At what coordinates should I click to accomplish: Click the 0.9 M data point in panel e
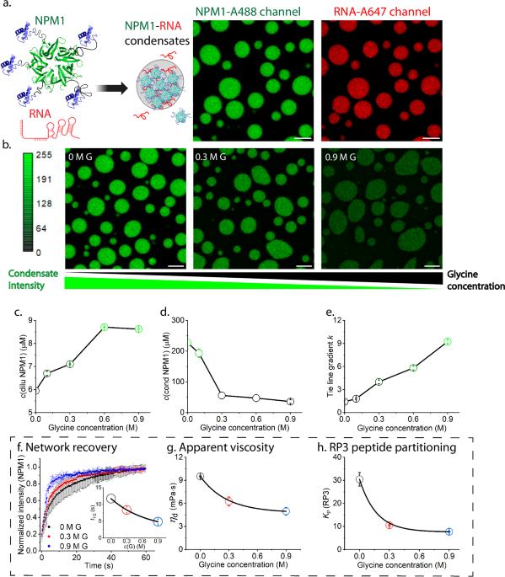point(448,341)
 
